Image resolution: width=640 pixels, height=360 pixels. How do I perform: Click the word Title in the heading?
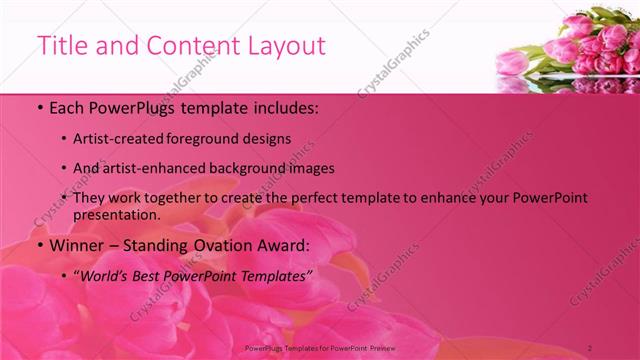tap(60, 46)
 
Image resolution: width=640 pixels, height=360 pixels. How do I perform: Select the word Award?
tap(282, 245)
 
